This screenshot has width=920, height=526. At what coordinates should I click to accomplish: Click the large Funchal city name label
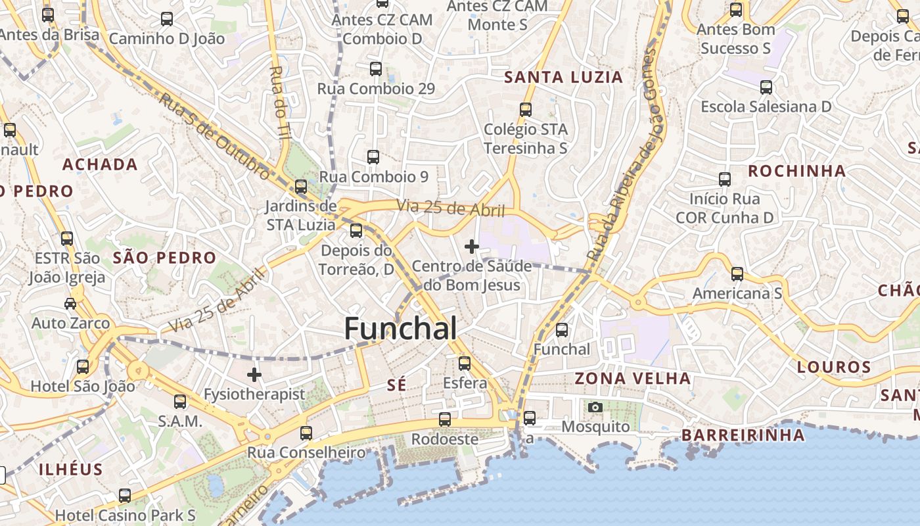tap(400, 328)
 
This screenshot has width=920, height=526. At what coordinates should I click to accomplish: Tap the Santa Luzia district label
tap(563, 77)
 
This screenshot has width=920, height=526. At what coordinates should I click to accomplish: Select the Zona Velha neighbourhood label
tap(633, 378)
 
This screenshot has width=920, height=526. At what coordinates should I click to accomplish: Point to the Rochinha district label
tap(796, 171)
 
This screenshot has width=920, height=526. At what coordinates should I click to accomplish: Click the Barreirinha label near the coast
tap(743, 435)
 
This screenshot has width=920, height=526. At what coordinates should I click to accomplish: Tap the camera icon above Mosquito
tap(595, 408)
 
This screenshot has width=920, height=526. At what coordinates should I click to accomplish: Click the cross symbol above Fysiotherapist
tap(254, 375)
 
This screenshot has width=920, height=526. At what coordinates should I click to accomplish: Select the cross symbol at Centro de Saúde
tap(472, 247)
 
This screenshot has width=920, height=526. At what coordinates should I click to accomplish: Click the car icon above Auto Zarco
tap(70, 303)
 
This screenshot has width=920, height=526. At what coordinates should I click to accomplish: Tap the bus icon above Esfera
tap(465, 363)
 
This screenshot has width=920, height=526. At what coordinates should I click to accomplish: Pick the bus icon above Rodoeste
tap(445, 419)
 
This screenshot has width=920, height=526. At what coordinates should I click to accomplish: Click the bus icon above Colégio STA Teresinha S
tap(526, 109)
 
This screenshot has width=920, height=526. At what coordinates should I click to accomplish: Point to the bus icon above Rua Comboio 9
tap(373, 156)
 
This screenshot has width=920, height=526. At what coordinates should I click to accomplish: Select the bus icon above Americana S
tap(737, 274)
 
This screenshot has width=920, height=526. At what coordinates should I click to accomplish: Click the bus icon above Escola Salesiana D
tap(766, 87)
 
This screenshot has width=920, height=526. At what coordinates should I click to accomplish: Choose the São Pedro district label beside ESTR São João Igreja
tap(164, 258)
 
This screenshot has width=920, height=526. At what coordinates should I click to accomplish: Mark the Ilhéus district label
tap(70, 469)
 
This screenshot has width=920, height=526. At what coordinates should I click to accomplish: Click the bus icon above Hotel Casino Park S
tap(125, 495)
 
